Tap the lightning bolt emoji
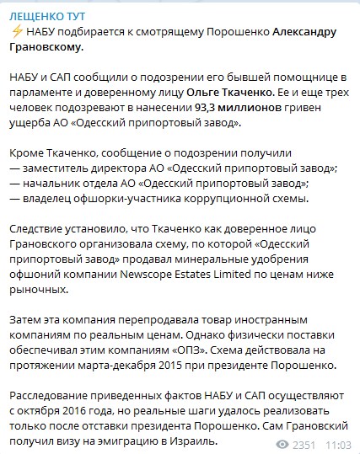pyautogui.click(x=17, y=32)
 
